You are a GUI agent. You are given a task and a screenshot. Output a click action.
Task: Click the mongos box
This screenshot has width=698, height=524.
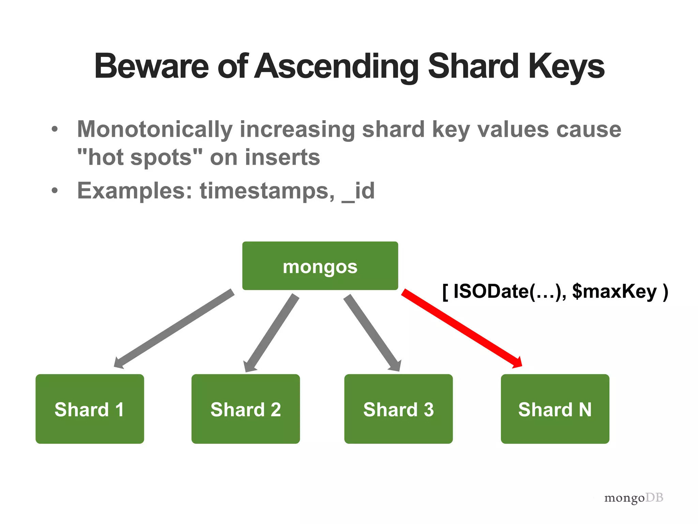(x=320, y=266)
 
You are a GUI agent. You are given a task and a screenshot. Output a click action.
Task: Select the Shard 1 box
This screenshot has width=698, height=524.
(x=90, y=409)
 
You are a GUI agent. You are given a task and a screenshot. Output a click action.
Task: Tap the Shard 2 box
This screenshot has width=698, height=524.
(x=245, y=409)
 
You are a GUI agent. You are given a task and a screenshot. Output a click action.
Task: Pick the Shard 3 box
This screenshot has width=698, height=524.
(x=398, y=409)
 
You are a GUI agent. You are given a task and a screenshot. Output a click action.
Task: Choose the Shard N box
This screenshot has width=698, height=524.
(x=555, y=409)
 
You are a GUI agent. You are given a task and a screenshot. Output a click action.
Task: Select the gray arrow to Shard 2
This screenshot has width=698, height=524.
(x=272, y=333)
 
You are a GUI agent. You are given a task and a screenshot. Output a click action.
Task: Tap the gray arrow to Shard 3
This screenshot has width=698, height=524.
(x=371, y=333)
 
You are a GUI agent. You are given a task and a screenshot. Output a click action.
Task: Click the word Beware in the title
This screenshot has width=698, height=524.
(x=151, y=66)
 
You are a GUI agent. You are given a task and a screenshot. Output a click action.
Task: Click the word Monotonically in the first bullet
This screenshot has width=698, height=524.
(x=154, y=130)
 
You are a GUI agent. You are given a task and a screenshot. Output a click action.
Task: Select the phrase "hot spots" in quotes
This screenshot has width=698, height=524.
(x=140, y=157)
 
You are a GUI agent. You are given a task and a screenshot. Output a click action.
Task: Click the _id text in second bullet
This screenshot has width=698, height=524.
(x=358, y=191)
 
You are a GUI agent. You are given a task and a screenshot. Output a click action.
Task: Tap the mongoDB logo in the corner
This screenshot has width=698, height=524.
(x=634, y=498)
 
